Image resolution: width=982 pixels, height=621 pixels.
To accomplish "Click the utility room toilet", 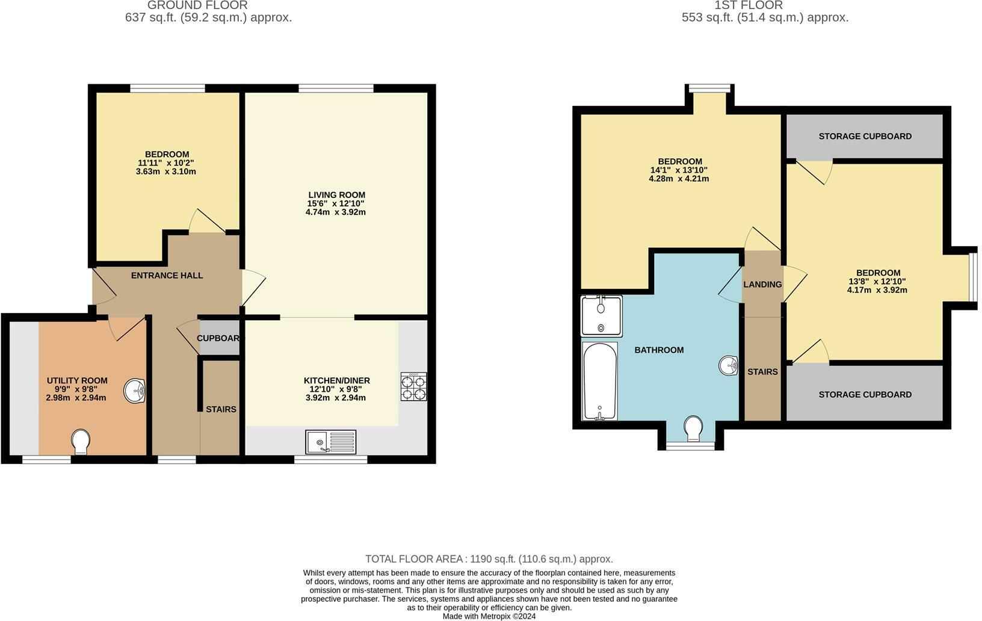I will point(80,442).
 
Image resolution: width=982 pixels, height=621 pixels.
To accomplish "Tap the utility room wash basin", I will point(135,391).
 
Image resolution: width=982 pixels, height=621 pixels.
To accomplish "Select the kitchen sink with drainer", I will point(330,442).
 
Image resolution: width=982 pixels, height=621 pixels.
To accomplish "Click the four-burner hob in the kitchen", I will point(413,386).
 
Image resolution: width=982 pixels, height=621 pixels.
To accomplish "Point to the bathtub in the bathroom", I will point(600,381).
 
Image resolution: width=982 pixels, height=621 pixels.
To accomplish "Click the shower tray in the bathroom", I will point(601,316).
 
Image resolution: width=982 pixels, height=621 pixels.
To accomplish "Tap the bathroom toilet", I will point(694,428).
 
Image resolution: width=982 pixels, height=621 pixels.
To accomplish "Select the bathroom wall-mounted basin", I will point(729,365).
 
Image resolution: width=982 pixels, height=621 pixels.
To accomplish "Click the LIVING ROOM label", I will point(336,195).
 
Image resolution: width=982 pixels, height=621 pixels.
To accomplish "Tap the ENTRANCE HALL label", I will point(167,276).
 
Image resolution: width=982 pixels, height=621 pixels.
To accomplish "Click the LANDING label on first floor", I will point(762,285).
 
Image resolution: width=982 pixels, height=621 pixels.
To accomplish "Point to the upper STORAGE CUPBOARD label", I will point(865,137).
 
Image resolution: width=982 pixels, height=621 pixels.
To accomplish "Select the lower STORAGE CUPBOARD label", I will point(865,395).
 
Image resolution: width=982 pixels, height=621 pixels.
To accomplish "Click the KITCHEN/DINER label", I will point(336,380).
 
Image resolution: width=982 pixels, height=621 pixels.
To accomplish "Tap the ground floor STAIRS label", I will point(221,409).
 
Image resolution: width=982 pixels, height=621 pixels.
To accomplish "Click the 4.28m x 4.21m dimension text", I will point(679,179).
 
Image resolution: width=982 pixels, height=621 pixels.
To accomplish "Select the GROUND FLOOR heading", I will point(197,5).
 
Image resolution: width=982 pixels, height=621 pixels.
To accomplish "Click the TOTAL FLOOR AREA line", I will point(489,559).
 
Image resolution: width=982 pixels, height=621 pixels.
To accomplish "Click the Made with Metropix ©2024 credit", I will point(489,616).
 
